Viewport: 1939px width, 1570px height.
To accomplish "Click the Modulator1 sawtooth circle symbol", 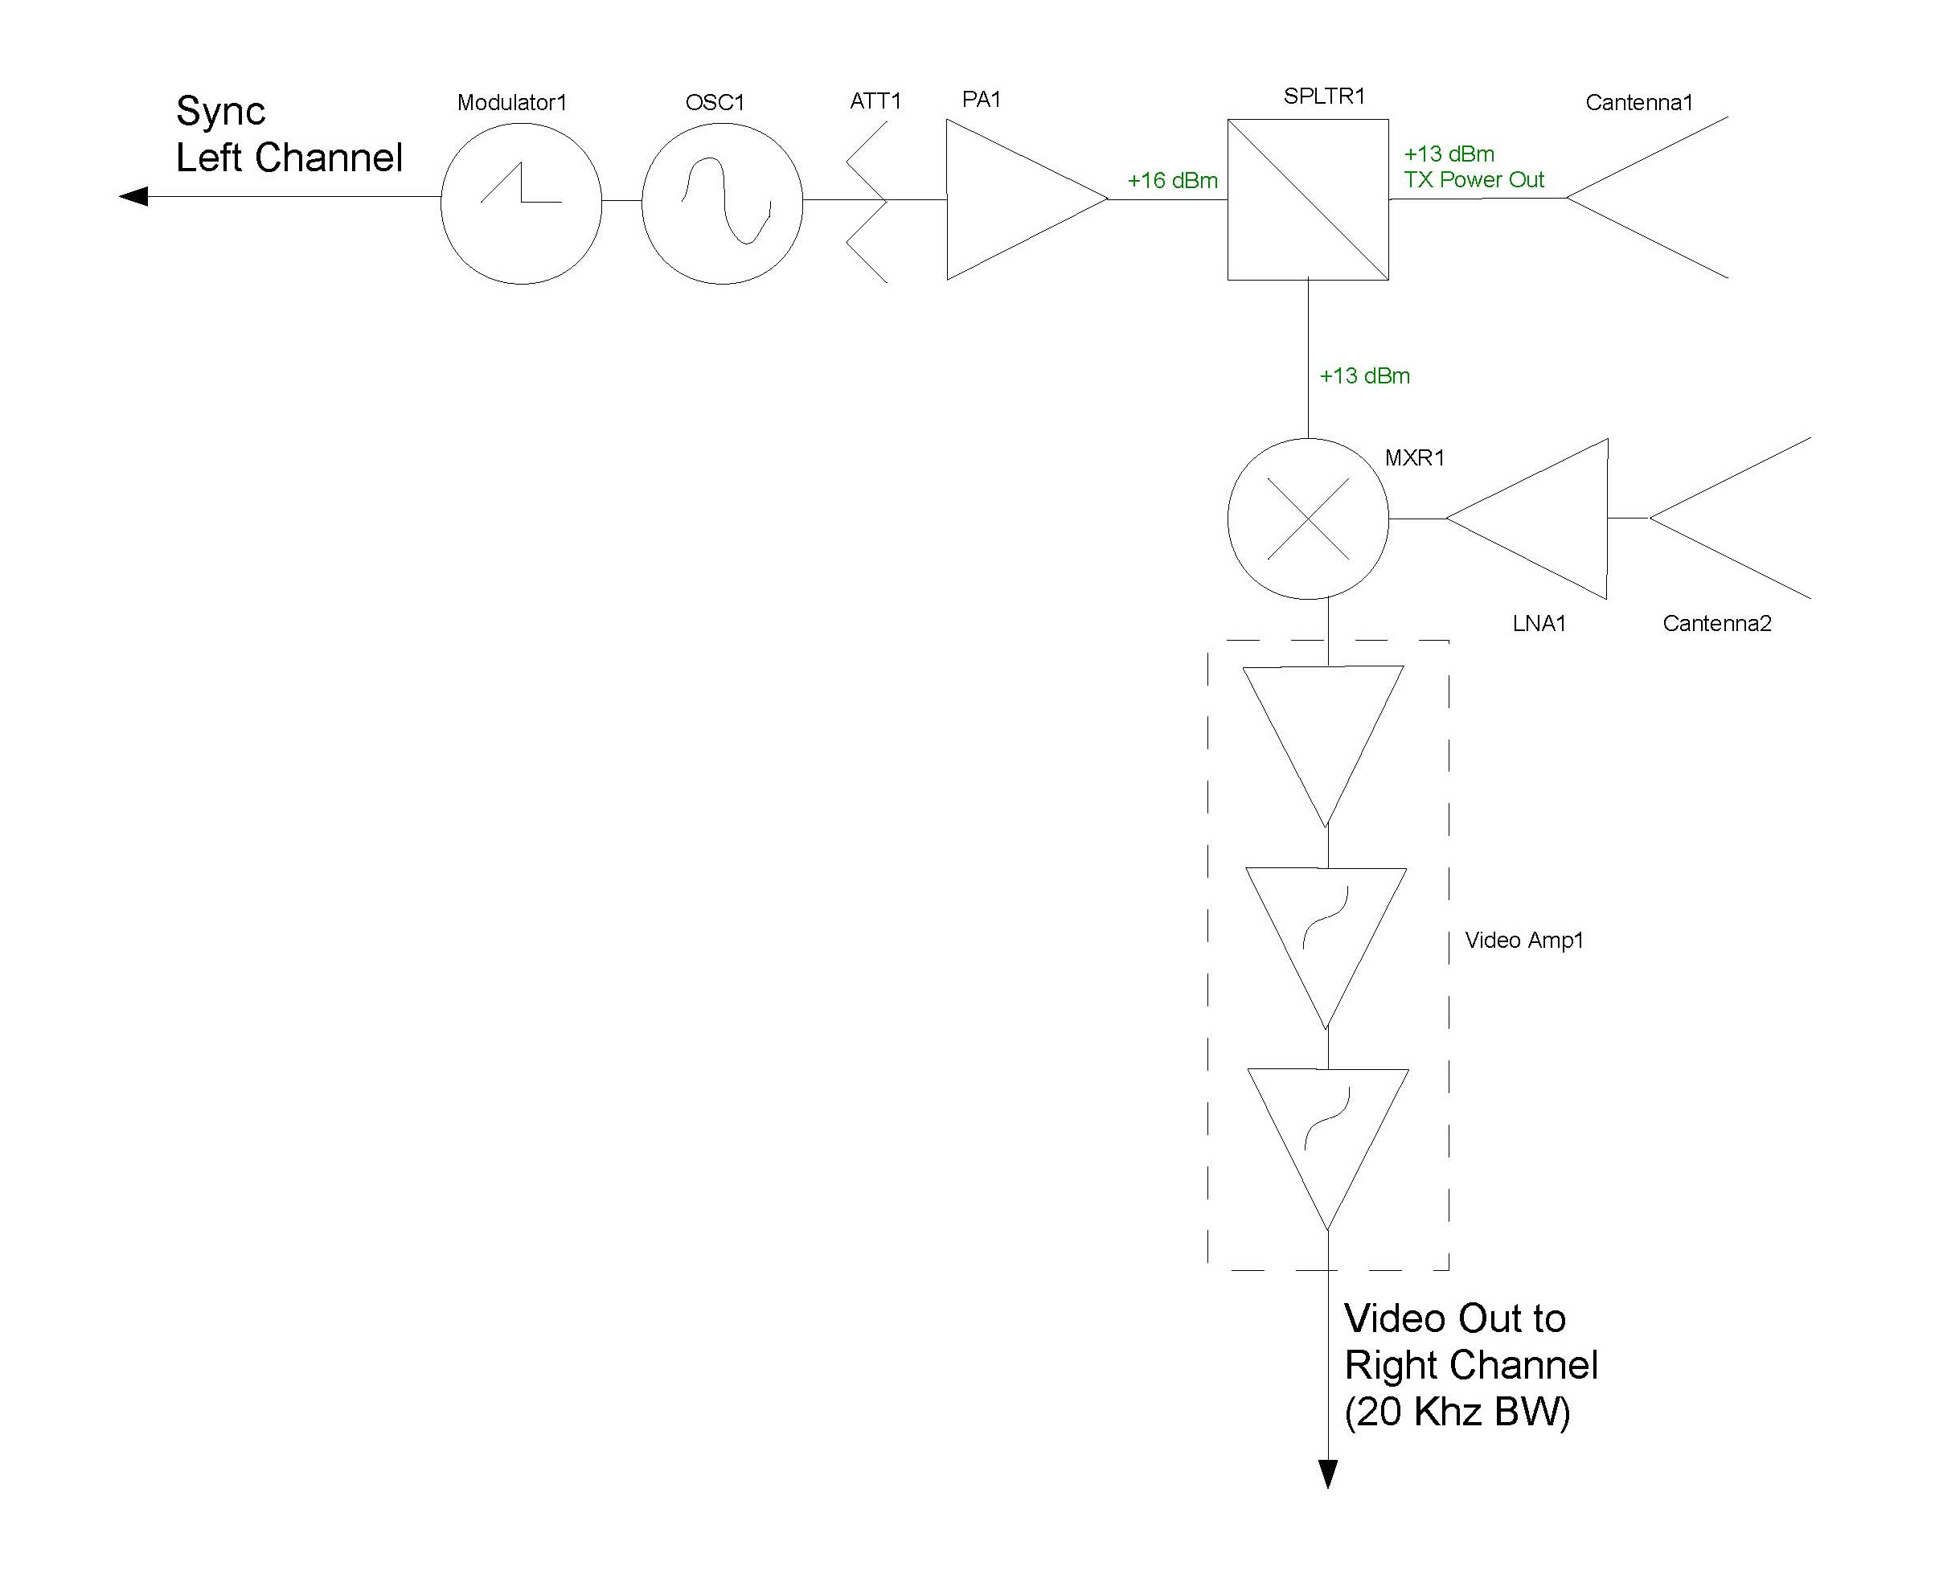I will tap(521, 203).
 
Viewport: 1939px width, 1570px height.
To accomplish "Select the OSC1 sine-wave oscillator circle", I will tap(722, 203).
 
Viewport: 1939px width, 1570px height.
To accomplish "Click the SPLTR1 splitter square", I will tap(1308, 199).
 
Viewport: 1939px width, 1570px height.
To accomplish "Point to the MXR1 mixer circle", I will tap(1308, 519).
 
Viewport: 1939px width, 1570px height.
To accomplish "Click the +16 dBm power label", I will tap(1172, 181).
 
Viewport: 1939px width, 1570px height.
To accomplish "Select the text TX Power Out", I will tap(1474, 180).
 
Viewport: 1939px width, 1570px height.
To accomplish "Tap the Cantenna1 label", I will tap(1638, 103).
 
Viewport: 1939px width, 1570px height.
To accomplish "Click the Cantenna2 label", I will tap(1716, 623).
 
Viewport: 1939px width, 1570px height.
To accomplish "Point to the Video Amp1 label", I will tap(1524, 941).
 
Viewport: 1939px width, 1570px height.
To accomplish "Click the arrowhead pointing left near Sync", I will tap(133, 196).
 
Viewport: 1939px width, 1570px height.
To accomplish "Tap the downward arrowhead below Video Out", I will tap(1328, 1474).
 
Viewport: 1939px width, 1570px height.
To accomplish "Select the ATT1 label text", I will tap(875, 101).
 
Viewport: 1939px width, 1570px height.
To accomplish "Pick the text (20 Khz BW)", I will tap(1457, 1412).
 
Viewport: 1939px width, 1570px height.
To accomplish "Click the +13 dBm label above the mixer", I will tap(1365, 376).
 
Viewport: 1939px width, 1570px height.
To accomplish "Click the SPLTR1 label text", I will tap(1324, 96).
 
